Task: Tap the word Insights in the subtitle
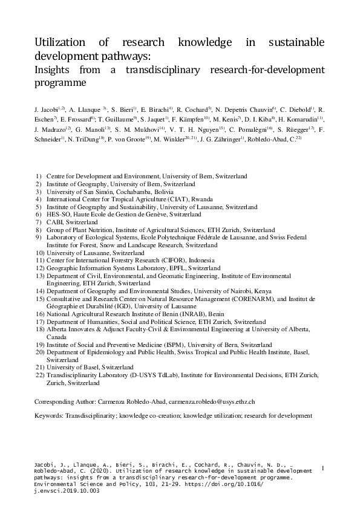click(53, 71)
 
